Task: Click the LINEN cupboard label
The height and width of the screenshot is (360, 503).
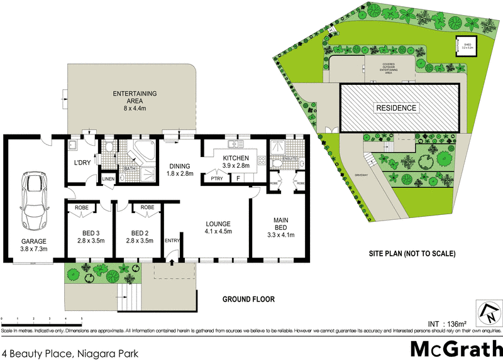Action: [x=108, y=180]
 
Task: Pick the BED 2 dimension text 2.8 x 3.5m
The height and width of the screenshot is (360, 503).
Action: [x=140, y=239]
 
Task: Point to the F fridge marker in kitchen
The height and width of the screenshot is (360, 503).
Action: [x=238, y=179]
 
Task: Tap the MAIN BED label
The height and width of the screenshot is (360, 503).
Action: [x=281, y=224]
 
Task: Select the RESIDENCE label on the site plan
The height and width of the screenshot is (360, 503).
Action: [x=396, y=108]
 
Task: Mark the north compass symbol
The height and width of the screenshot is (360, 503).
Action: [x=488, y=312]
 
